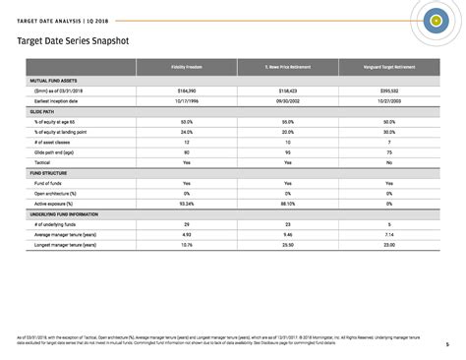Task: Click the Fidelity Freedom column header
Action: [186, 66]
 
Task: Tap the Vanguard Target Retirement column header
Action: [388, 66]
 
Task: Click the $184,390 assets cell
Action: [186, 90]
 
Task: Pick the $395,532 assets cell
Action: [388, 90]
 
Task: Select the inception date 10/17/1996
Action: [186, 100]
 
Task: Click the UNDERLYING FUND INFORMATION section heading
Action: [65, 213]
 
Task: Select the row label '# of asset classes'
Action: [53, 142]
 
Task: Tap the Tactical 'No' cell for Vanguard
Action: [388, 162]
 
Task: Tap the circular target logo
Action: [435, 19]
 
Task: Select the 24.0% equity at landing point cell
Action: [186, 132]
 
